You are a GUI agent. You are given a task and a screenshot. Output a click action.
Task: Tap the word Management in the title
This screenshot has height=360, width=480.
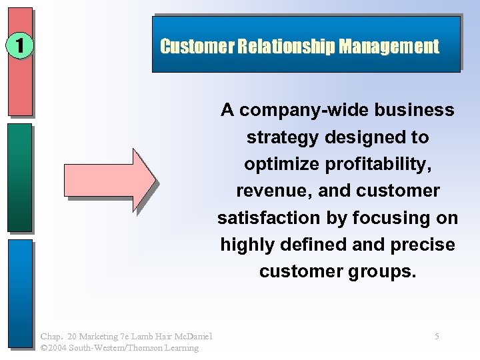389,47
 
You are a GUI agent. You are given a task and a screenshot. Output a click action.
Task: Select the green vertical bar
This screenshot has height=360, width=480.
20,177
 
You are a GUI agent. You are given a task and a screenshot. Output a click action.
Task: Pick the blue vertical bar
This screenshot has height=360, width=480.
20,293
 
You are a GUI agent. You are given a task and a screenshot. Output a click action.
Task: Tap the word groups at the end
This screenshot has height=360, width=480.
385,272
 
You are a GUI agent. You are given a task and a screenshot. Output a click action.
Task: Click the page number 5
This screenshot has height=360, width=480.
437,337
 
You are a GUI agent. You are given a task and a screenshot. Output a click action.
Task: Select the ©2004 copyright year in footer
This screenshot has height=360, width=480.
53,347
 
